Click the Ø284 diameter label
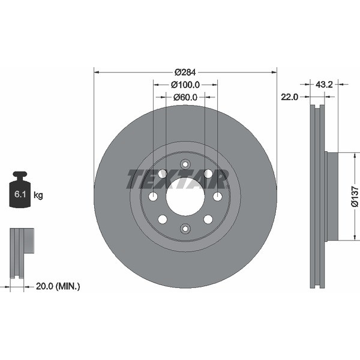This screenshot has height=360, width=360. point(185,73)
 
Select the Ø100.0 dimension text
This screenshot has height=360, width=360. point(185,85)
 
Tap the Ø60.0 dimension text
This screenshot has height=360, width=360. point(185,97)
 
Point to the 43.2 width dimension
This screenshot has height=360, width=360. point(324,85)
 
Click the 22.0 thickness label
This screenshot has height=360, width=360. point(289,97)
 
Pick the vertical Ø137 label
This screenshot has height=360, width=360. point(355,197)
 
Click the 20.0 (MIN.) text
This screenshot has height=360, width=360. point(58,286)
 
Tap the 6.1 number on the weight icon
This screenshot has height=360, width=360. point(20,194)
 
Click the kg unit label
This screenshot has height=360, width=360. point(38,196)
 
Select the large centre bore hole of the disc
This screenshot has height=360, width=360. point(185,197)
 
